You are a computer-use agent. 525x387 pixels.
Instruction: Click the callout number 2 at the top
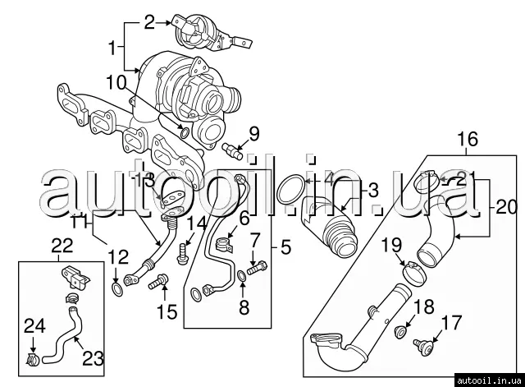click(148, 22)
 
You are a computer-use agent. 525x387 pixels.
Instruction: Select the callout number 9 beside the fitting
click(253, 132)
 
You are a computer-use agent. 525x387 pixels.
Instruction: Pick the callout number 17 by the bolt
click(447, 322)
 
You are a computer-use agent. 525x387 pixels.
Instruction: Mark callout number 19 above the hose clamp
click(391, 244)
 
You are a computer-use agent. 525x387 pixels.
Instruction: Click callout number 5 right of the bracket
click(286, 246)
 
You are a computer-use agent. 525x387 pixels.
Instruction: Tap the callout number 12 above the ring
click(119, 256)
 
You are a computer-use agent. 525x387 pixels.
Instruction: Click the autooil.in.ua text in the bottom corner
click(491, 380)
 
